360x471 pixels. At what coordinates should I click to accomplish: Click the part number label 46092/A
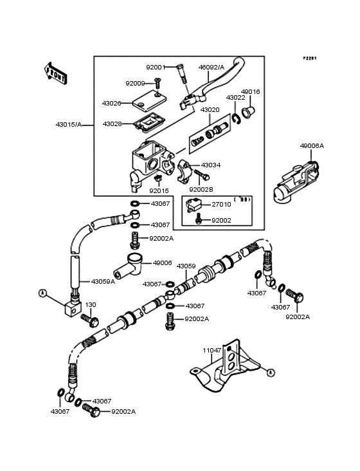coord(211,67)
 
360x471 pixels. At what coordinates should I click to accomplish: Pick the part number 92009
coord(136,83)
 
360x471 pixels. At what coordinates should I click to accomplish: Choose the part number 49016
coord(250,92)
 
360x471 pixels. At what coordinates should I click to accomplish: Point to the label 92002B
coord(201,190)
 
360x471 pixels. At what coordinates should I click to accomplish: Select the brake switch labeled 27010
coord(192,207)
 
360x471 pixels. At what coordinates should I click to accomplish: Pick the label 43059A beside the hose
coord(104,281)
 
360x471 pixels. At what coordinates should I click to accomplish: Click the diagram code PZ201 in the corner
coord(310,58)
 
